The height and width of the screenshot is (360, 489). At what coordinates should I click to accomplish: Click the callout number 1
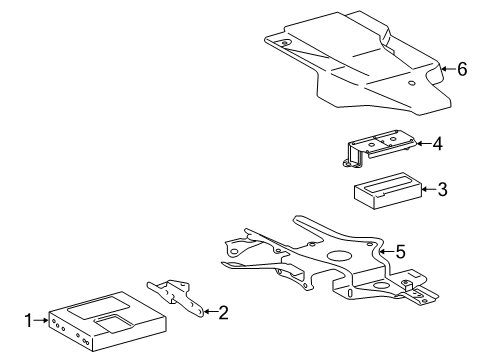(29, 320)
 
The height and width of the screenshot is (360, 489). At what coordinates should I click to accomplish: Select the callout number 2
(223, 312)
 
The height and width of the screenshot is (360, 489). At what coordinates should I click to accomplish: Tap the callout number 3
(442, 189)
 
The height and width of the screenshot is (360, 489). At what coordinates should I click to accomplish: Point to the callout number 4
(438, 144)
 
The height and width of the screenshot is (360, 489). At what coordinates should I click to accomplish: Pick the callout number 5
(400, 251)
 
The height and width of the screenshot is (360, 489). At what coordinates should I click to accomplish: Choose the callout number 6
(462, 69)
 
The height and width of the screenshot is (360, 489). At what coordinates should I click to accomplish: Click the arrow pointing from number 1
(41, 320)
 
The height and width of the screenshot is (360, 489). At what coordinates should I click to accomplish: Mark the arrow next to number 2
(210, 312)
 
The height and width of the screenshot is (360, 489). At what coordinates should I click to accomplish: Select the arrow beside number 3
(429, 189)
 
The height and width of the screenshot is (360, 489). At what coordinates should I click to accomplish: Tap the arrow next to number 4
(424, 144)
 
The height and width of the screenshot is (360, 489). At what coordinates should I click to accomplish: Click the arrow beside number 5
(387, 251)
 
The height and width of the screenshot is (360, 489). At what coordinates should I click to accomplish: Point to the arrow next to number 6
(448, 69)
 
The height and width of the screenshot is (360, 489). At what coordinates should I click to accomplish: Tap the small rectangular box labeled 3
(388, 191)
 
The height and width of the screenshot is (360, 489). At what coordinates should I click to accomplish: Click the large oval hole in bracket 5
(339, 256)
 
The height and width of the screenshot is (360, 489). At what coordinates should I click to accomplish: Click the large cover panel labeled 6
(357, 63)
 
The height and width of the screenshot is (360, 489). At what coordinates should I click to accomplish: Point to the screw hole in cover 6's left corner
(285, 43)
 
